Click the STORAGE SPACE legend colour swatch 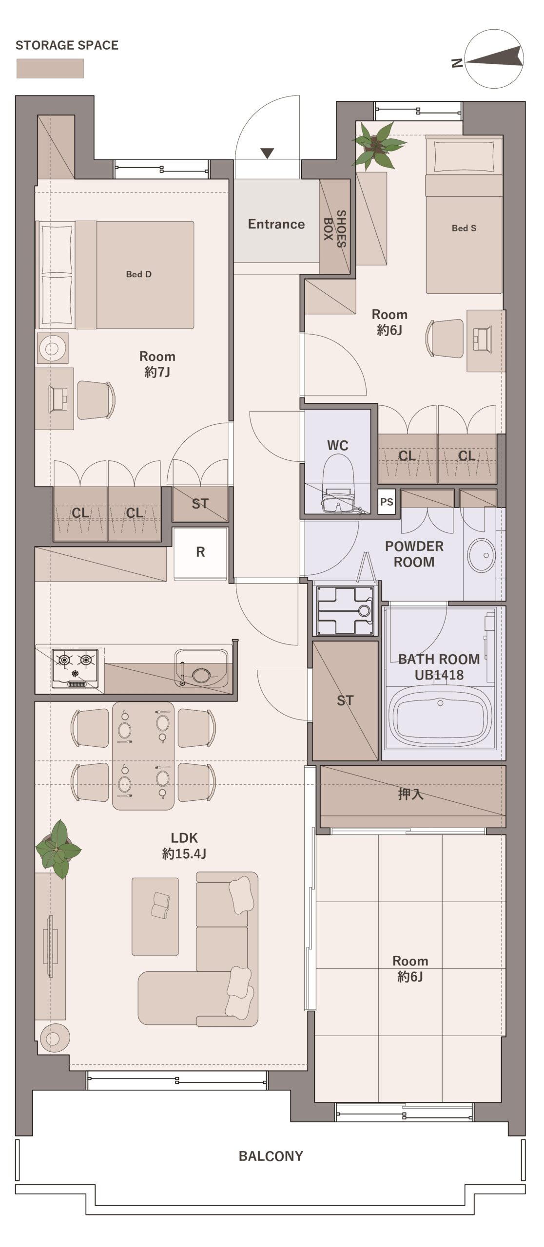tap(50, 69)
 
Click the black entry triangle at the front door tap(267, 153)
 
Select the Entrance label tap(276, 224)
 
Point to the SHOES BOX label tap(335, 229)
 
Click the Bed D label tap(139, 274)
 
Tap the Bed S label tap(464, 228)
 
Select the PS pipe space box tap(387, 502)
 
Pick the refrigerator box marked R tap(200, 552)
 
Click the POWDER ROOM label tap(414, 554)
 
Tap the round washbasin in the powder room tap(482, 555)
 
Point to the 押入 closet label tap(410, 794)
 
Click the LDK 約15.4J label tap(184, 846)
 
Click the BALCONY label tap(271, 1156)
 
